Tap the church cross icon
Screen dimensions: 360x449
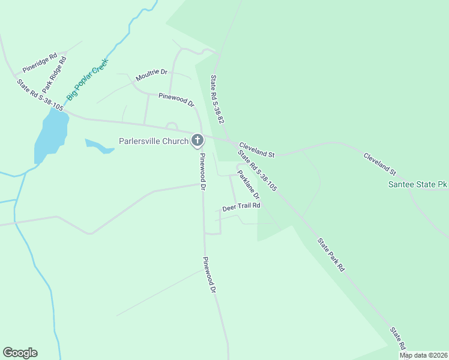[x=197, y=141]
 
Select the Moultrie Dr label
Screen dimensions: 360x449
[x=151, y=75]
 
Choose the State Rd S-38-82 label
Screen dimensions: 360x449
[x=217, y=100]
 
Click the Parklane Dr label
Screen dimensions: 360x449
[x=248, y=185]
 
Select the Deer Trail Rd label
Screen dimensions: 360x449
[x=241, y=206]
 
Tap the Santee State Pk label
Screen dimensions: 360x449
[x=418, y=185]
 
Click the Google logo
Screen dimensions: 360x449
[x=20, y=353]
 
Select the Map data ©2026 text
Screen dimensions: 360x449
[x=423, y=355]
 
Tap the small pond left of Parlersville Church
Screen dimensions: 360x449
[x=98, y=146]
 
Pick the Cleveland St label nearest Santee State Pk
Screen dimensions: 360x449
[x=380, y=163]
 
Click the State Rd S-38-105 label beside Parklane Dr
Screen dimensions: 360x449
[x=257, y=170]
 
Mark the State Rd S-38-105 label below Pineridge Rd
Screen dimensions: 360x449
[x=40, y=95]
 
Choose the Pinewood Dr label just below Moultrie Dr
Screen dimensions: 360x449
[x=176, y=100]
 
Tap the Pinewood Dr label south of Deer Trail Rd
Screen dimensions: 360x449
[x=208, y=275]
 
